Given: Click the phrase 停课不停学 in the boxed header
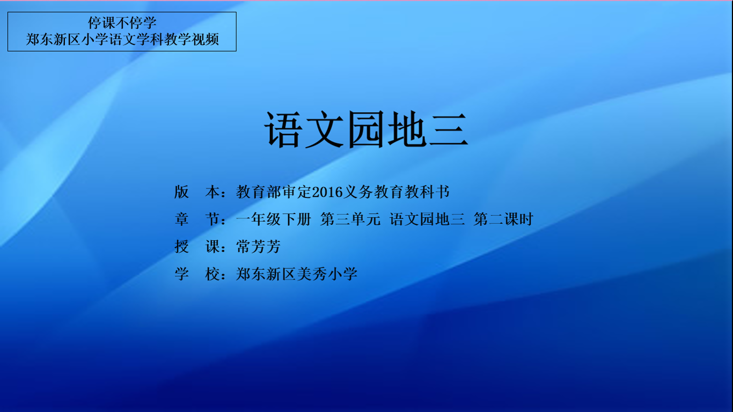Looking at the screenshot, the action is pos(122,23).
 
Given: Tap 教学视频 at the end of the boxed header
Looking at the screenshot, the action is pos(191,39).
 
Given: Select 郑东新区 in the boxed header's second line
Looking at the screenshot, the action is pos(53,39).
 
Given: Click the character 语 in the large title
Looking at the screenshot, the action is pos(283,129).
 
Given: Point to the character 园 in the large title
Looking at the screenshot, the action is pos(366,129).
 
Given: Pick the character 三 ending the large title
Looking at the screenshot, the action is pos(448,129).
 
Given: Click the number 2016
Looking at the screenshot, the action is pos(327,192).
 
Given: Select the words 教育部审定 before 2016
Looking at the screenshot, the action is pos(274,192).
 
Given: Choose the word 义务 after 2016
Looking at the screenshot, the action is pos(358,192).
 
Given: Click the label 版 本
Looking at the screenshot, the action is pos(197,192).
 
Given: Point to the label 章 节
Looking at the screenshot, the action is pos(197,219).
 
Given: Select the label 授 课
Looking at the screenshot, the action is pos(197,247).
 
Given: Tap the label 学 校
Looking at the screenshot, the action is pos(197,274).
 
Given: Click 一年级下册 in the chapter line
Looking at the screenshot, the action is pos(274,219).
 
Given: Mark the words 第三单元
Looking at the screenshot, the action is pos(350,219).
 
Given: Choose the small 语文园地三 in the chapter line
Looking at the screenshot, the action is pos(427,219).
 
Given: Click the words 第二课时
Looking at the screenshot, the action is pos(504,219).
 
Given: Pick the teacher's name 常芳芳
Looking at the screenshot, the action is pos(258,247).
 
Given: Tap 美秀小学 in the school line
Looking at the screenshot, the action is pos(327,274).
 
